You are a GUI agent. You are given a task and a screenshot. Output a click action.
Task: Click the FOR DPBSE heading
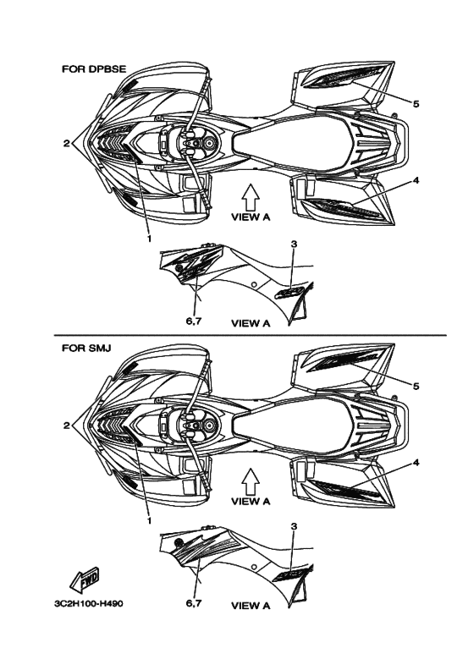click(94, 69)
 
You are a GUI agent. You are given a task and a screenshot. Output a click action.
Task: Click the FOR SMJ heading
click(86, 348)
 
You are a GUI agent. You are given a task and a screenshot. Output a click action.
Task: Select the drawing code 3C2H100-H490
click(89, 604)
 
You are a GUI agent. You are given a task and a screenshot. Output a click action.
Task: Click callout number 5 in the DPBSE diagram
click(416, 103)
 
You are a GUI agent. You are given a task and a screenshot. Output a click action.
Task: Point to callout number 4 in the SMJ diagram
click(416, 463)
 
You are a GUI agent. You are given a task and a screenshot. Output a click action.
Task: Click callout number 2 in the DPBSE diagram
click(66, 144)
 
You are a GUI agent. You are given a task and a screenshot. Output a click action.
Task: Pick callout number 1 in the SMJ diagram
click(149, 521)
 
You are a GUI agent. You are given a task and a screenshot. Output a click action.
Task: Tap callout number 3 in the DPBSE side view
click(294, 244)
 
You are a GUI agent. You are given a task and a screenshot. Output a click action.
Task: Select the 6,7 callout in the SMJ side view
click(194, 603)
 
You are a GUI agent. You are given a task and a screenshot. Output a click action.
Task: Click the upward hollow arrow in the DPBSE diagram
click(251, 196)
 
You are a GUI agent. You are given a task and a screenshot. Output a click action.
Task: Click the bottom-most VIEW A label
click(251, 606)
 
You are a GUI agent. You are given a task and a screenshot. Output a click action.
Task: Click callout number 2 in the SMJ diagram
click(66, 426)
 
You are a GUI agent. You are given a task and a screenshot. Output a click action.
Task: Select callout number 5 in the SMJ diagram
click(416, 387)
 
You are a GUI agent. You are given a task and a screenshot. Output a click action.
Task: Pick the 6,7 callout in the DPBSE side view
click(194, 321)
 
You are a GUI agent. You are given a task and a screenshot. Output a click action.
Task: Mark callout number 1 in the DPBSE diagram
click(149, 239)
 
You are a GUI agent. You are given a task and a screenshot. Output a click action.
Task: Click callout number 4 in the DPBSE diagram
click(416, 181)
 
